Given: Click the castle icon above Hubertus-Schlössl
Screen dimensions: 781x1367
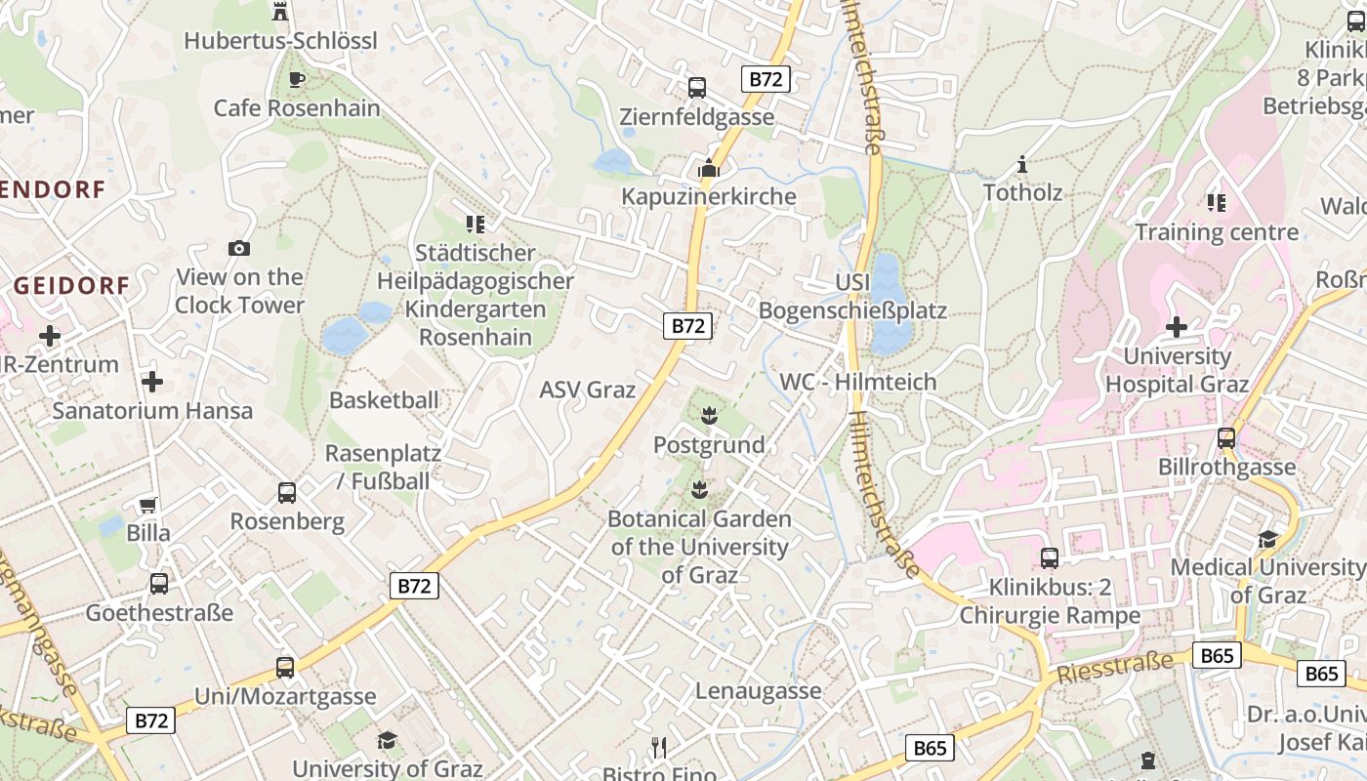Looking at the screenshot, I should [x=280, y=11].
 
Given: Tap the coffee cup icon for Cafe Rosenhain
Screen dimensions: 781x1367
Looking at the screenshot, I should [x=297, y=79].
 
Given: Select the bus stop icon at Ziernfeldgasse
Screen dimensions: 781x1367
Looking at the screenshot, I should [x=697, y=87].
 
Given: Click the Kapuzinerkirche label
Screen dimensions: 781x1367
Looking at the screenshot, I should [x=709, y=196].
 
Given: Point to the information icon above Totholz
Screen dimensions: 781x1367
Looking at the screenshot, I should [x=1022, y=164].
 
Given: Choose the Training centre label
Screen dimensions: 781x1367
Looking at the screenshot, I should [x=1216, y=232].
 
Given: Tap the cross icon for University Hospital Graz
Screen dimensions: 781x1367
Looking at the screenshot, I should [x=1177, y=326].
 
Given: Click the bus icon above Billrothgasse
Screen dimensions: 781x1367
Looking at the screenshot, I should [x=1226, y=438].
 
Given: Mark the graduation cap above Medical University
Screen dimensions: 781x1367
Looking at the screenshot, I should [x=1267, y=539].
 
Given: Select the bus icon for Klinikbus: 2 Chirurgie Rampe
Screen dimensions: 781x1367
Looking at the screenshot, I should [x=1050, y=558].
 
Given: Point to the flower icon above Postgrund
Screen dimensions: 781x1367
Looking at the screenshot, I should [x=709, y=416].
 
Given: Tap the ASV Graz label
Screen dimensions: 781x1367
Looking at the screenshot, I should [x=588, y=390].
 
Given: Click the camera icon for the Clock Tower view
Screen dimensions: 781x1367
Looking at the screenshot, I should [x=239, y=248].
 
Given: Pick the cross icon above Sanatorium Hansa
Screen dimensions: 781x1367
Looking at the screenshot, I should [x=152, y=381].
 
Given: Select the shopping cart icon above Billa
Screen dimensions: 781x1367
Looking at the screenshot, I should [x=148, y=505].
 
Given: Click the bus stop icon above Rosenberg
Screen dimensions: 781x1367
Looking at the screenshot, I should [x=287, y=493].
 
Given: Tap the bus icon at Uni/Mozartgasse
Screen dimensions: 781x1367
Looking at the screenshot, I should [x=285, y=668].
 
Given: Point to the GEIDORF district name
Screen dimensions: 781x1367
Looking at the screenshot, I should [x=72, y=285].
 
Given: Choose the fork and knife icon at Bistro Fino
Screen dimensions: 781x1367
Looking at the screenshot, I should [x=660, y=749].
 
